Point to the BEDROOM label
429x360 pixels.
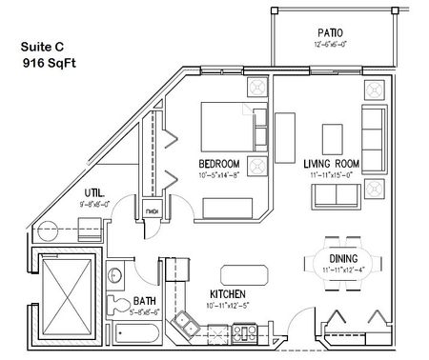218,163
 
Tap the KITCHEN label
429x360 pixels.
229,293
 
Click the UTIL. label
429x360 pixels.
93,192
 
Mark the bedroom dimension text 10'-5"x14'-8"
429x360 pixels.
219,174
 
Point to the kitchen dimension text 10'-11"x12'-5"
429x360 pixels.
229,305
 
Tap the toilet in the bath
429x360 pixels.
117,305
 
